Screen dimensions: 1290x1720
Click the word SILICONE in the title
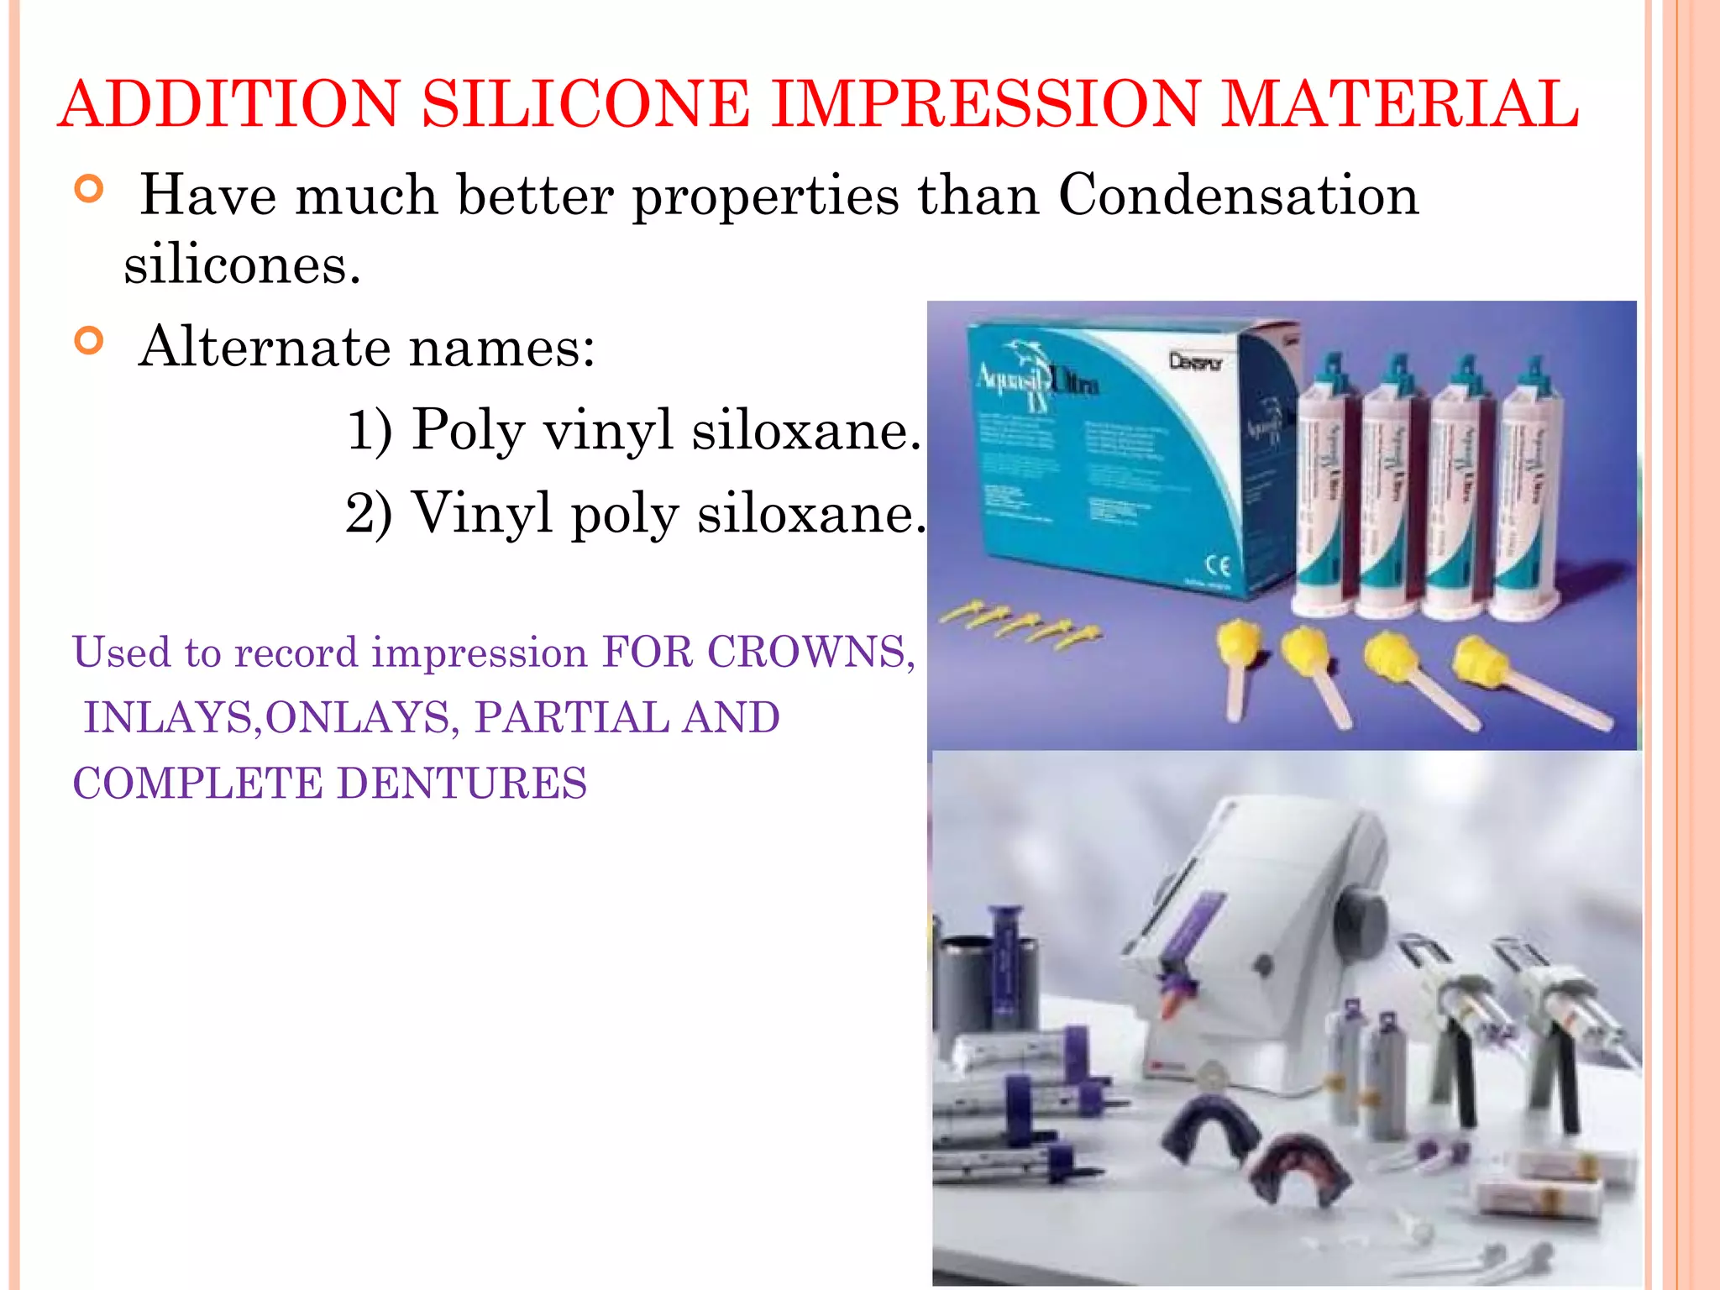tap(585, 104)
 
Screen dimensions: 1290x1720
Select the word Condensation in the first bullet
tap(1238, 195)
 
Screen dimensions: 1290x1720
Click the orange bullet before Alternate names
tap(89, 341)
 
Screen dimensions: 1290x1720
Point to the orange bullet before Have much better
tap(89, 189)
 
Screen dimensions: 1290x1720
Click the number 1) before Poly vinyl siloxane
tap(370, 429)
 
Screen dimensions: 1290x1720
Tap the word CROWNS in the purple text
tap(810, 652)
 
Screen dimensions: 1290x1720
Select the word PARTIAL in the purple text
tap(571, 717)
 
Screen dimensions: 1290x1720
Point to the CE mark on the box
tap(1219, 565)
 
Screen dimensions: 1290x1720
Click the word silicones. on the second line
tap(242, 265)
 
